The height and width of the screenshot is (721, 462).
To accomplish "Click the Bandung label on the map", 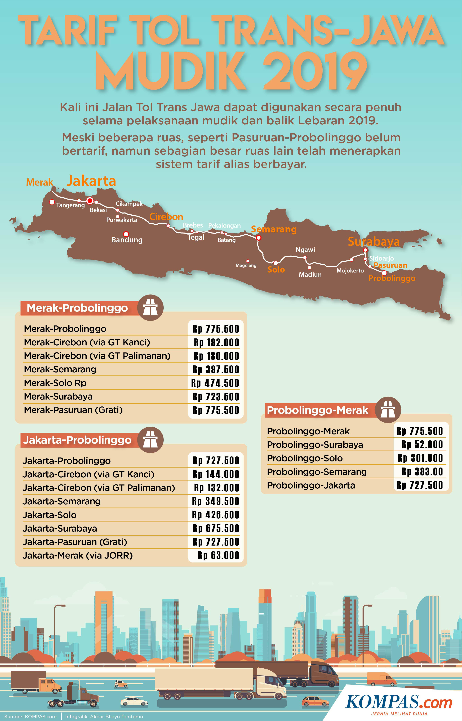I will tap(127, 240).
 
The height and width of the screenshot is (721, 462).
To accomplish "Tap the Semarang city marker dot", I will tap(259, 238).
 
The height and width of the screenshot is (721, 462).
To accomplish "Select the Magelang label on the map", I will tap(246, 265).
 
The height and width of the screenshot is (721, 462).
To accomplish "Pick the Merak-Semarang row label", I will tap(60, 369).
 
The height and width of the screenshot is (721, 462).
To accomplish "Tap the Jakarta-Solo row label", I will tap(50, 515).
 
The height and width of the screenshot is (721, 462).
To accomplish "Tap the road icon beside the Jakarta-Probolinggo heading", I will tap(150, 440).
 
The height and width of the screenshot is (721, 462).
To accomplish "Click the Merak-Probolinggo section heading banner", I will tap(77, 308).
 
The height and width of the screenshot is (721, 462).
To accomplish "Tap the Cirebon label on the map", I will tap(166, 217).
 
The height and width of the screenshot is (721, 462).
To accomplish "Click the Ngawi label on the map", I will tap(305, 250).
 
